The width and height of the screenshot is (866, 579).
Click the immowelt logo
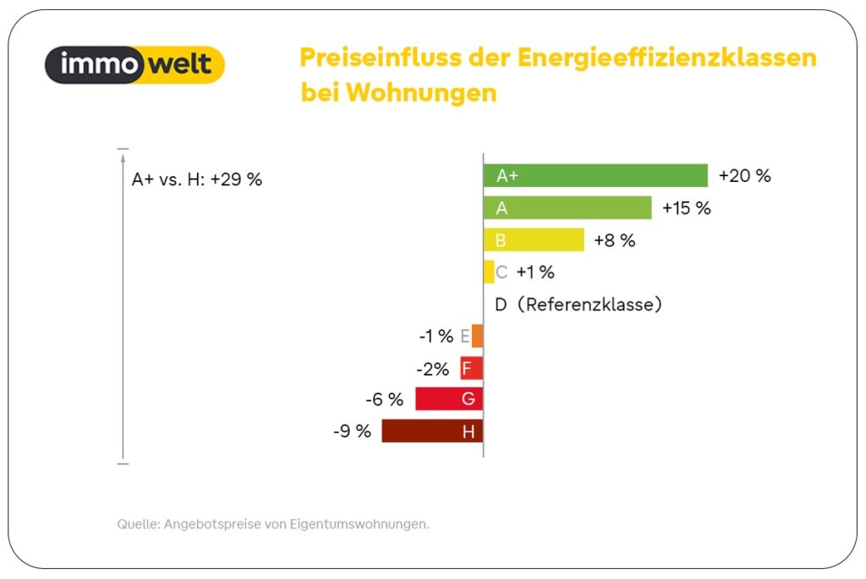(x=134, y=64)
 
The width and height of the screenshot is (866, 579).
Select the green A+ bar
(x=595, y=175)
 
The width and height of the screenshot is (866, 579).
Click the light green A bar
(x=567, y=208)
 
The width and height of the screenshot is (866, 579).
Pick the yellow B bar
(x=534, y=240)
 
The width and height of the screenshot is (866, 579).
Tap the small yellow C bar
(x=489, y=272)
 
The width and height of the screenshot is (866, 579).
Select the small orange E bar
(x=478, y=336)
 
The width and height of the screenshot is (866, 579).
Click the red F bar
(x=472, y=368)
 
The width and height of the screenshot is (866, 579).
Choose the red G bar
(x=449, y=399)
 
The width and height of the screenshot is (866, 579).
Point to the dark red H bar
(x=432, y=431)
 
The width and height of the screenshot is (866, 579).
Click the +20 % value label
(x=744, y=176)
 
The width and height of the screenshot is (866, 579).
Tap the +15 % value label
(x=686, y=208)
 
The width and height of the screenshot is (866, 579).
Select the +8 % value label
(x=614, y=240)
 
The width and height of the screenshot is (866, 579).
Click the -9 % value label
(x=352, y=432)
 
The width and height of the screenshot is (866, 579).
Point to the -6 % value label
(x=384, y=400)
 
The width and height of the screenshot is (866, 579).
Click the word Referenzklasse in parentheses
(x=588, y=305)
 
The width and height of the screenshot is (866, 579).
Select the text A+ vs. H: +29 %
(x=197, y=179)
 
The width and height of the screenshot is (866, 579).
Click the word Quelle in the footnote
(x=136, y=525)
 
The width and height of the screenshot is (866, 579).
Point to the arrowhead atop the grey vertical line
(x=123, y=157)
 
